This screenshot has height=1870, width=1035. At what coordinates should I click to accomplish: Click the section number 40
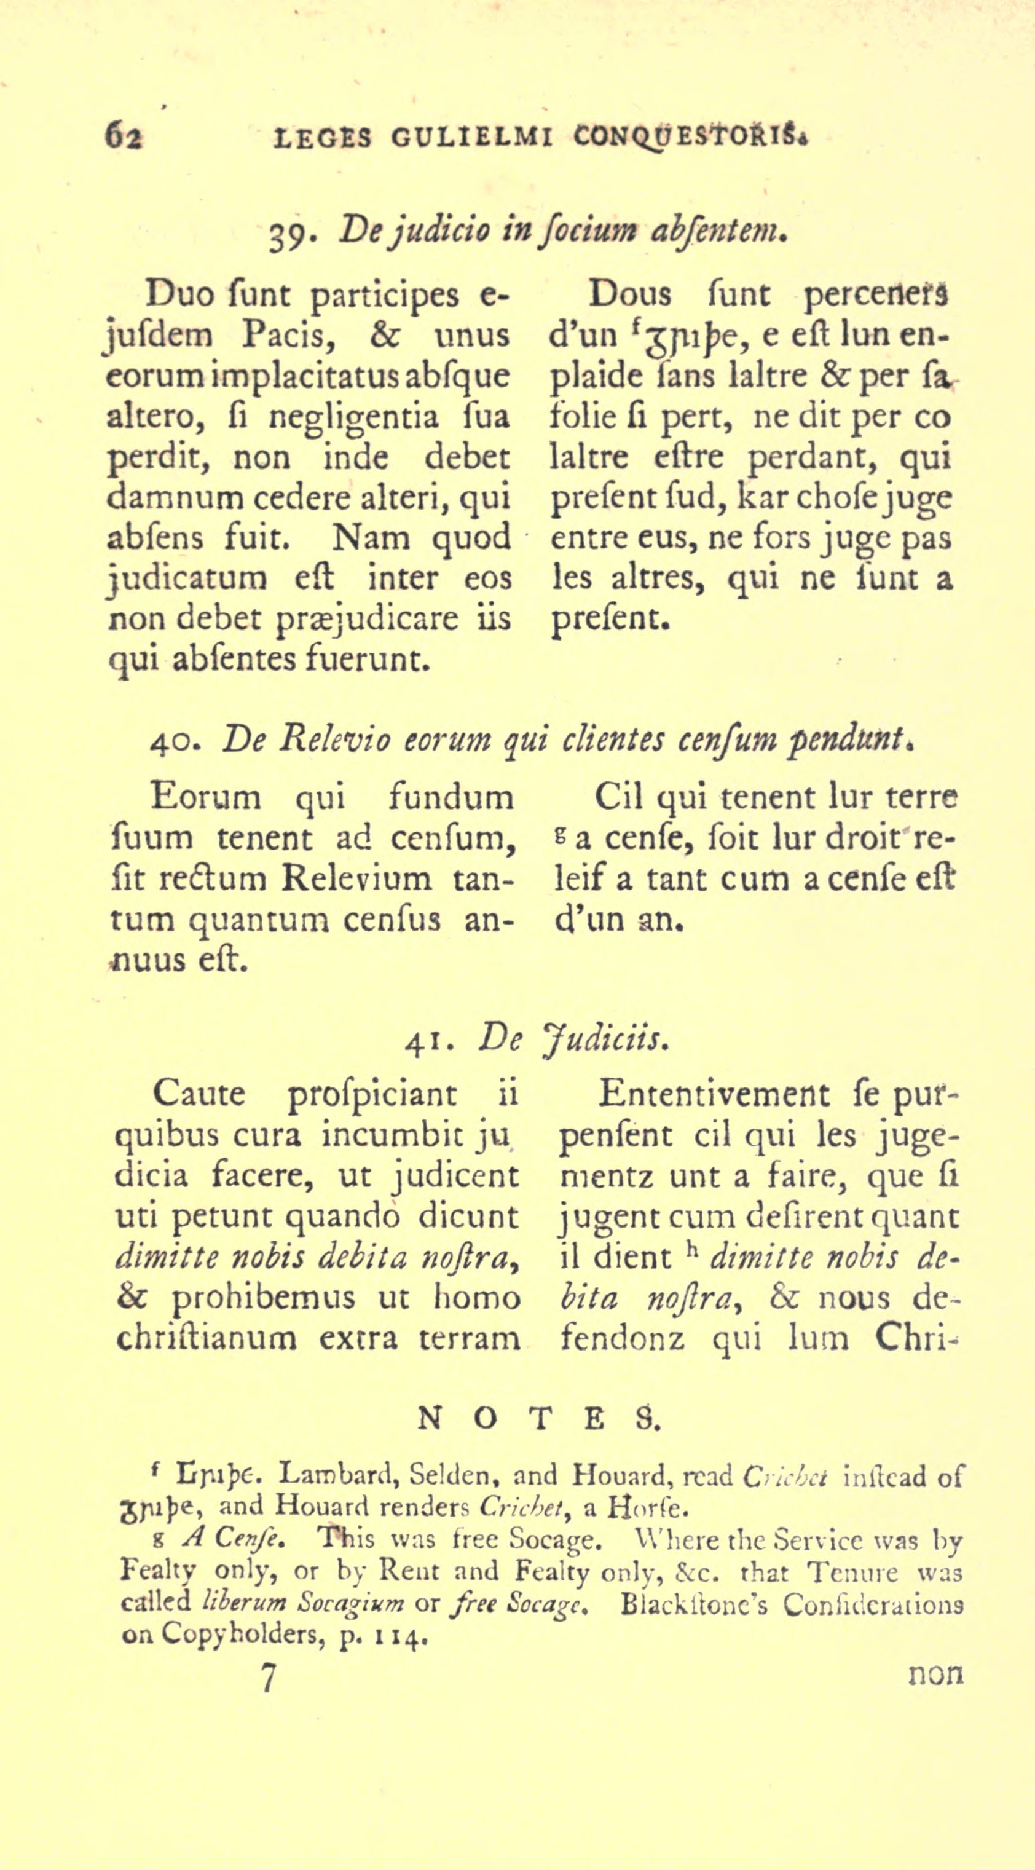point(171,742)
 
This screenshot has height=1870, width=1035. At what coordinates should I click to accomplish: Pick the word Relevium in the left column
point(356,879)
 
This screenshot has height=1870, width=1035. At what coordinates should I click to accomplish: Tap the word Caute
point(199,1094)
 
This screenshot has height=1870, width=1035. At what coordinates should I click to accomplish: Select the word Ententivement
point(713,1094)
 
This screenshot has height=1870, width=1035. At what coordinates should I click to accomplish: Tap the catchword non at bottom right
point(935,1673)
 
